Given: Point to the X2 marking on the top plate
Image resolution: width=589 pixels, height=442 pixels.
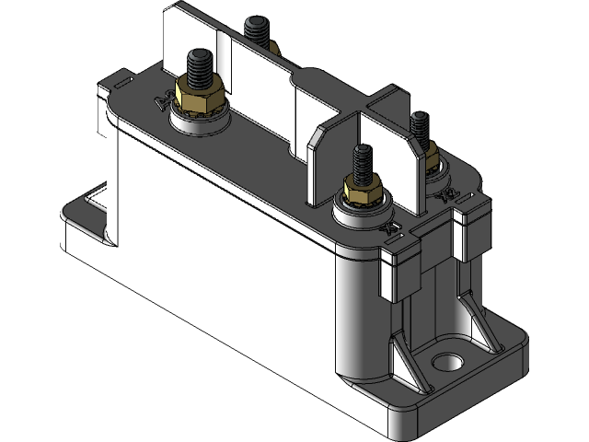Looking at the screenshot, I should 449,195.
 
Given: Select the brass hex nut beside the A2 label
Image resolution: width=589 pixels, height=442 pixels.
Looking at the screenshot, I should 199,96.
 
